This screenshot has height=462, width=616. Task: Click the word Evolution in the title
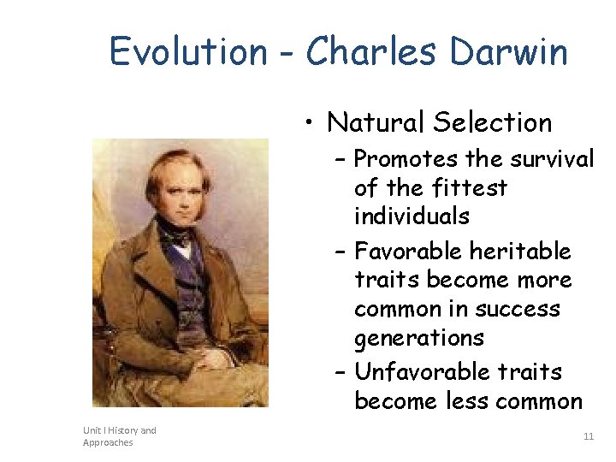tap(187, 52)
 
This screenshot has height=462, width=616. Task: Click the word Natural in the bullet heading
tap(376, 122)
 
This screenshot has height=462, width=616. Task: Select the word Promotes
tap(407, 160)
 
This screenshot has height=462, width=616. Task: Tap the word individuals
tap(412, 216)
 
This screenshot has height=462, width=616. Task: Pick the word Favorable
tap(410, 252)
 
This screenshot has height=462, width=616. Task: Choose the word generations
tap(418, 338)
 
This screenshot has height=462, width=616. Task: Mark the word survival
tap(551, 160)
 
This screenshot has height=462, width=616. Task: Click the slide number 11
tap(588, 436)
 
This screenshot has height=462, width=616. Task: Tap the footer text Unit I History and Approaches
tap(119, 436)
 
